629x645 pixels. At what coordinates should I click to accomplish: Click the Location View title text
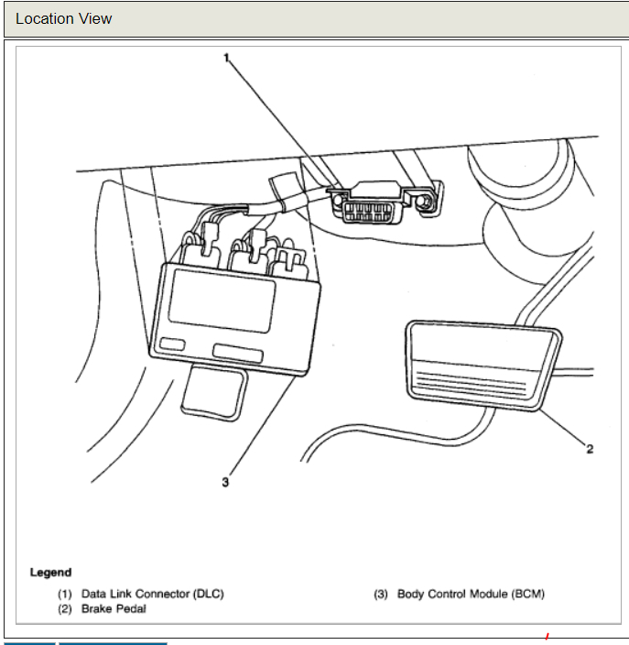click(64, 18)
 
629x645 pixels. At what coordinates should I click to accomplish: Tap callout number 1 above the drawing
click(225, 57)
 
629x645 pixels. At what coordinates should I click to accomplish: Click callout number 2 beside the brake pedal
click(590, 449)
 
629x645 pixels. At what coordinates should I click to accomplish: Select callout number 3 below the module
click(224, 483)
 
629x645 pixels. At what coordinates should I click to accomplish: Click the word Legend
click(50, 573)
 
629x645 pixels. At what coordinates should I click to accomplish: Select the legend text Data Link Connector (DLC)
click(152, 594)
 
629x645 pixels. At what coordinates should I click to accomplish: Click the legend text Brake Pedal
click(114, 608)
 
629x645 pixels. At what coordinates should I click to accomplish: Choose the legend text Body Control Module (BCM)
click(471, 594)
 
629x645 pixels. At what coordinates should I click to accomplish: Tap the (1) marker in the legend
click(65, 594)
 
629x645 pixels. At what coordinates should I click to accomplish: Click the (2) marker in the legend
click(65, 608)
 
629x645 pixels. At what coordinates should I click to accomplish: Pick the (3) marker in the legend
click(381, 594)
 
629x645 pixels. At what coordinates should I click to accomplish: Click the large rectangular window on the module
click(222, 301)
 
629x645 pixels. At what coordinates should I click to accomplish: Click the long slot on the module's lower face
click(237, 354)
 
